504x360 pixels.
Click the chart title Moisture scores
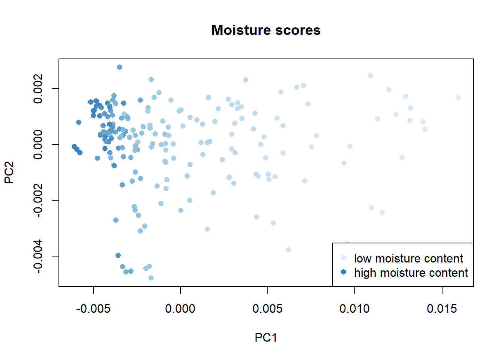(x=266, y=30)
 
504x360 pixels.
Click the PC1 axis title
(x=266, y=337)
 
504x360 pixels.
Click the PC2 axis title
(x=9, y=172)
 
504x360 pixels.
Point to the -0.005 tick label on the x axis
(x=93, y=309)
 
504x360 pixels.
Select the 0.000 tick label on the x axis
(x=180, y=309)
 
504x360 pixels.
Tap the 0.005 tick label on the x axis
(x=267, y=309)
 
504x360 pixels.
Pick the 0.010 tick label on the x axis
(x=355, y=309)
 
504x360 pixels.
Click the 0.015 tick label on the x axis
(x=442, y=309)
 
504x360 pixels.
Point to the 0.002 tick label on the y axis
(x=38, y=88)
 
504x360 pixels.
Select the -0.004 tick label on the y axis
(x=38, y=256)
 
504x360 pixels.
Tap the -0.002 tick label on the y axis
(x=38, y=200)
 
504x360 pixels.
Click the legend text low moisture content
(x=409, y=258)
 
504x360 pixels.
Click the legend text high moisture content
(x=411, y=273)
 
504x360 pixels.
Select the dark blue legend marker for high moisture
(x=343, y=272)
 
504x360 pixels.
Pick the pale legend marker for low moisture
(x=343, y=258)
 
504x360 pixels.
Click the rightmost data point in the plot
(x=458, y=97)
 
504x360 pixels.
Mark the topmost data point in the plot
(x=120, y=67)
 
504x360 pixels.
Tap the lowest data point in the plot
(x=151, y=278)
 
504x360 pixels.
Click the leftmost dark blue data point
(x=74, y=147)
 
